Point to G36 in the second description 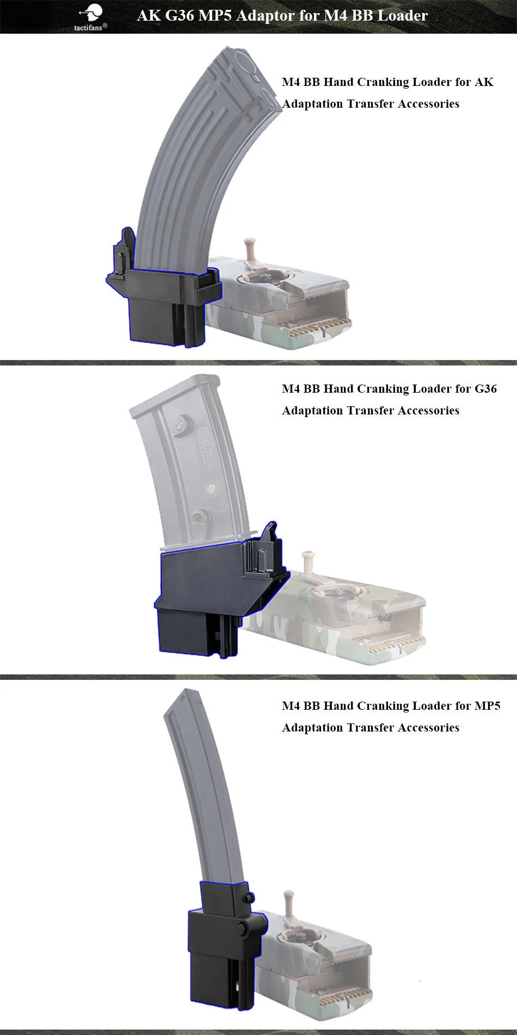coord(485,389)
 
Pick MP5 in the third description coord(487,706)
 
